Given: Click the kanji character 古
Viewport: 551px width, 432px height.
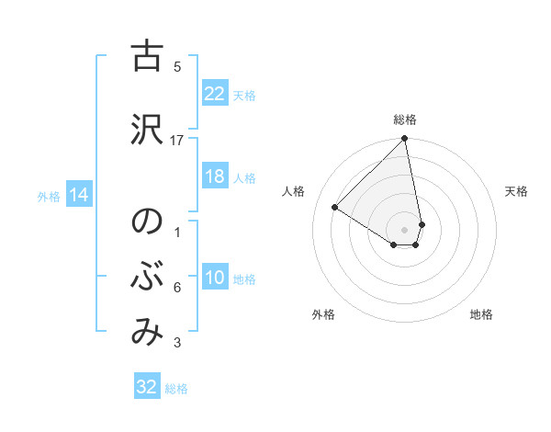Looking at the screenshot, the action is (146, 57).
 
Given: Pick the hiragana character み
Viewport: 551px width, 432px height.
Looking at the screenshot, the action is (146, 332).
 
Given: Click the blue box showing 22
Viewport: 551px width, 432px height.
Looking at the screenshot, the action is (214, 94).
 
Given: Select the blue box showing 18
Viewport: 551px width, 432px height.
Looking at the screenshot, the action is (214, 176).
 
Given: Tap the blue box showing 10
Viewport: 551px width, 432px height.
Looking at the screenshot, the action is (214, 278).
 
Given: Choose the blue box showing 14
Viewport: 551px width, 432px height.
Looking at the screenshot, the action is (78, 195).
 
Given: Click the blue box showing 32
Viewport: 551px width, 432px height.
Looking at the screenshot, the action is (147, 387).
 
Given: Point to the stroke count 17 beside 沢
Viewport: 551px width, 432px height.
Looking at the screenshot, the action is (177, 140).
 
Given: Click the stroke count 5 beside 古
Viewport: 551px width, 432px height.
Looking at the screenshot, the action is (177, 66).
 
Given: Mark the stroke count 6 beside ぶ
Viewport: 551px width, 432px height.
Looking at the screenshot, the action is (177, 288).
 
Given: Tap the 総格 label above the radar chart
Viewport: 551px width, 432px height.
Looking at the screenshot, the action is (405, 119).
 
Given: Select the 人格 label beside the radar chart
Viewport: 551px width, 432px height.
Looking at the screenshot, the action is (294, 191).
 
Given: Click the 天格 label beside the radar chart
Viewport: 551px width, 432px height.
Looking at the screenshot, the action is (517, 191).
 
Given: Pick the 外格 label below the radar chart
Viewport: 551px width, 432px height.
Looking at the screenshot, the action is (323, 314).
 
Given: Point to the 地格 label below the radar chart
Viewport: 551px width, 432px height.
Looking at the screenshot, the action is (481, 314).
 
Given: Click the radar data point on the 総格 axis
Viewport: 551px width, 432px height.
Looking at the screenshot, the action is (404, 139).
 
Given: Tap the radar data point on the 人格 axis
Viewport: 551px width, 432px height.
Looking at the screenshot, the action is (335, 208).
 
